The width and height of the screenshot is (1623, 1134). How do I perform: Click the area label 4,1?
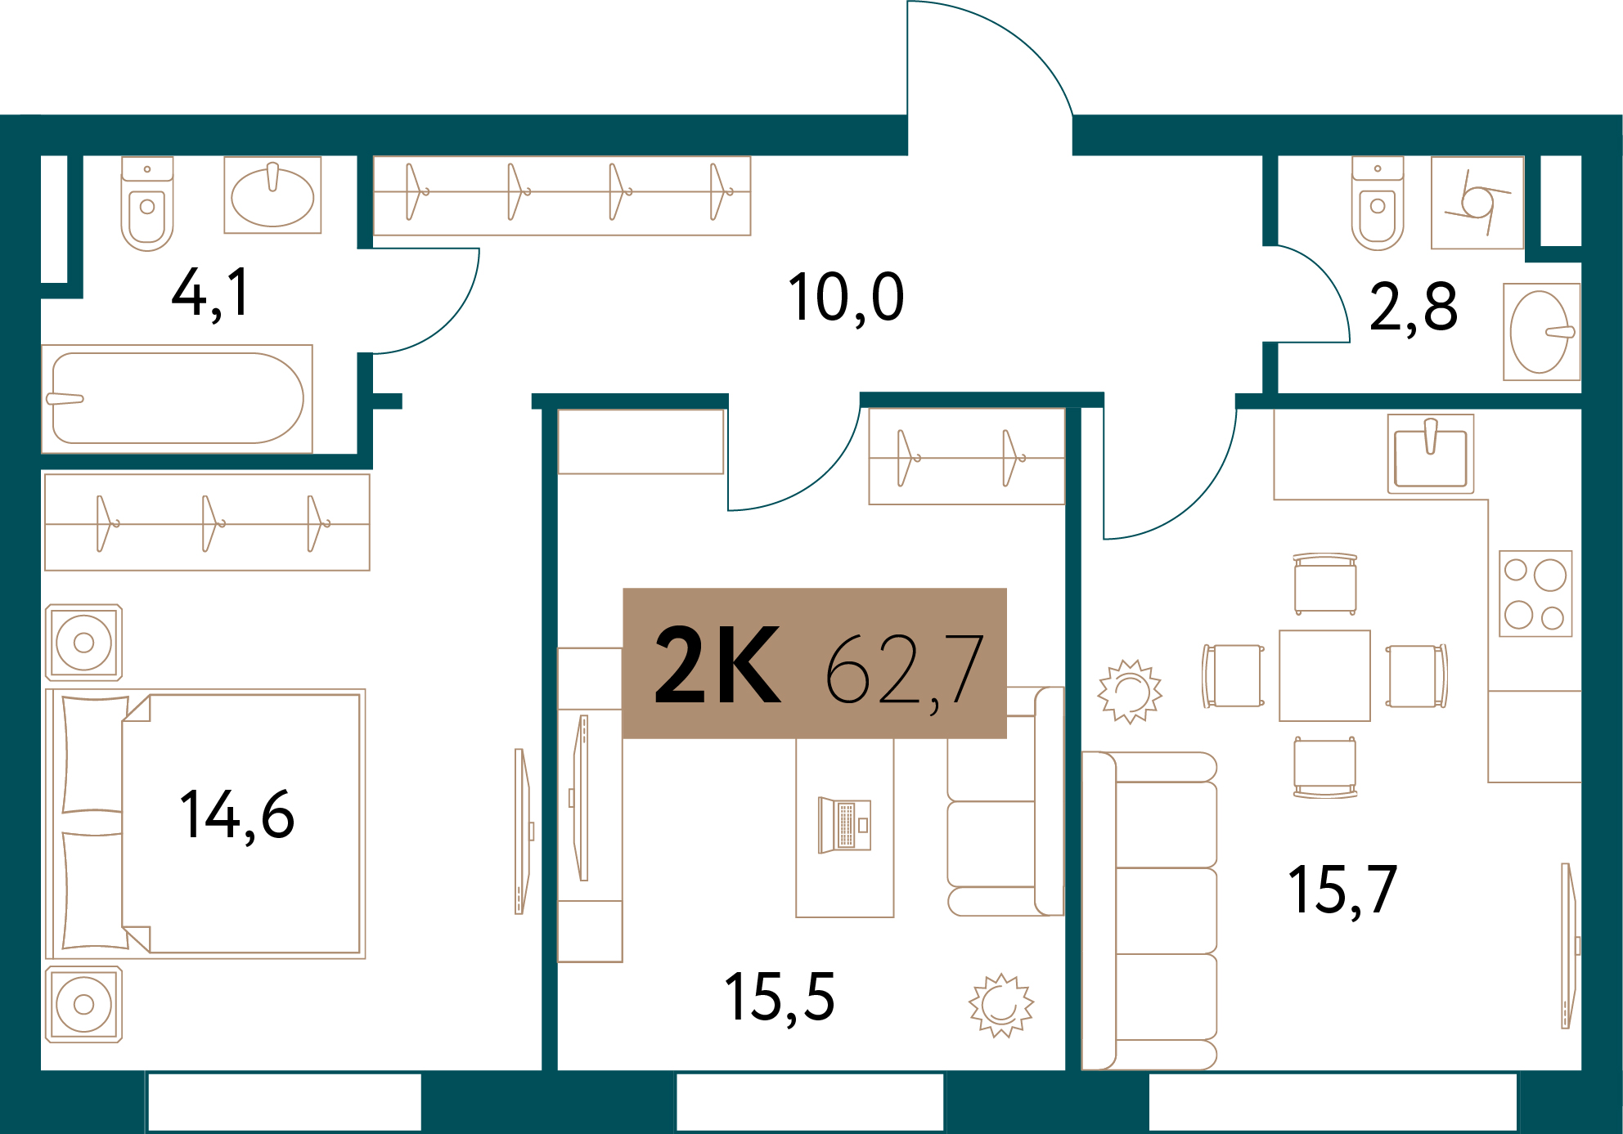tap(210, 294)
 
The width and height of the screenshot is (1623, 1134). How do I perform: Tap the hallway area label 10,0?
tap(846, 298)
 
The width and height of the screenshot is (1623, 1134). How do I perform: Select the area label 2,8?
tap(1413, 307)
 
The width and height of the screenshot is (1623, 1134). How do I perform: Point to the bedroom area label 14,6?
tap(236, 815)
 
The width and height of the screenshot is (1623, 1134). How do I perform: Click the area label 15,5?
tap(780, 997)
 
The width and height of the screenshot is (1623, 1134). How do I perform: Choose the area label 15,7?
tap(1342, 890)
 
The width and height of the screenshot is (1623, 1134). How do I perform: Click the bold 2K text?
tap(717, 665)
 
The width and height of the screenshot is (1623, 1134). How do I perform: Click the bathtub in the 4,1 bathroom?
tap(178, 398)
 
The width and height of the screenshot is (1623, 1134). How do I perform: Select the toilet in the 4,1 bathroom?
tap(147, 204)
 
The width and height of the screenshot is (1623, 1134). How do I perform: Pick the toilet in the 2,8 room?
tap(1378, 204)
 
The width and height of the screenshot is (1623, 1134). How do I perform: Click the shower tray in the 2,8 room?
tap(1477, 203)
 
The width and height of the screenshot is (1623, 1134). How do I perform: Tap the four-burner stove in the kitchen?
tap(1535, 594)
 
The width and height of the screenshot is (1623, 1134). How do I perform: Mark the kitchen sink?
tap(1431, 454)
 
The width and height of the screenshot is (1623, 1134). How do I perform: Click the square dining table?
tap(1324, 675)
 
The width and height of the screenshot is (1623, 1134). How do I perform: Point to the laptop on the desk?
tap(844, 825)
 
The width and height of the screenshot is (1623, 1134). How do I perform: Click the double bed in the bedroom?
tap(205, 823)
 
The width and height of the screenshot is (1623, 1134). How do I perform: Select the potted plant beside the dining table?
tap(1130, 692)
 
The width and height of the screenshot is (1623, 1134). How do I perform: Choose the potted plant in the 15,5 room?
tap(1001, 1005)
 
